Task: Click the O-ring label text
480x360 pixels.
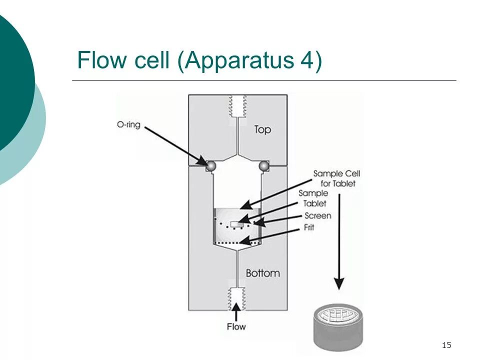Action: pyautogui.click(x=128, y=124)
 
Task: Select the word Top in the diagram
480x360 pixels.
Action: pyautogui.click(x=262, y=129)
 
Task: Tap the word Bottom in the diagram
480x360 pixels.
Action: pyautogui.click(x=263, y=273)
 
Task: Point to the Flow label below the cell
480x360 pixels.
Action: pyautogui.click(x=236, y=326)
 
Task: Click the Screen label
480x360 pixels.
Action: pyautogui.click(x=318, y=215)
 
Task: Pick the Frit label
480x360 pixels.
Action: pyautogui.click(x=309, y=227)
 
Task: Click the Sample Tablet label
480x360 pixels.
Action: pyautogui.click(x=313, y=198)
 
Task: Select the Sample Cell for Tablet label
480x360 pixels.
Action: pyautogui.click(x=336, y=178)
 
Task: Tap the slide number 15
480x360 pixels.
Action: pyautogui.click(x=446, y=345)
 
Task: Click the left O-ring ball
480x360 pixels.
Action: pyautogui.click(x=211, y=166)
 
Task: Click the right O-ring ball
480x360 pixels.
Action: pyautogui.click(x=264, y=166)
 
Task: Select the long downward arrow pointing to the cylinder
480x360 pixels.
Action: pyautogui.click(x=339, y=242)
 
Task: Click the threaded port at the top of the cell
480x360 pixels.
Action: pyautogui.click(x=238, y=106)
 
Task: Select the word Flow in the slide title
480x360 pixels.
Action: pyautogui.click(x=102, y=59)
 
